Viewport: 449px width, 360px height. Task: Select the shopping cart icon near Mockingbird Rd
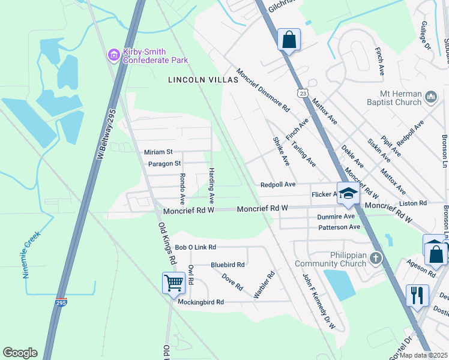[173, 282]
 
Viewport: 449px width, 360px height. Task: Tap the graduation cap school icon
[348, 193]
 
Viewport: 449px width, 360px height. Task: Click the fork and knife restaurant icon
[417, 295]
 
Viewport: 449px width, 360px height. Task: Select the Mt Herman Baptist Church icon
[430, 97]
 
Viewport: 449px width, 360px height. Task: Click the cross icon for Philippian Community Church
[376, 259]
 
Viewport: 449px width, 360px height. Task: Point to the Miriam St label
[158, 152]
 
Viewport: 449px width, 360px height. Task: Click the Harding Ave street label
[212, 184]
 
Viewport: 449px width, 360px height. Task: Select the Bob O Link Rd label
[195, 247]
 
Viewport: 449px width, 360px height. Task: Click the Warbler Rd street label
[264, 284]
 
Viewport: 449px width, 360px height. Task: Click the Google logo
[20, 353]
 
